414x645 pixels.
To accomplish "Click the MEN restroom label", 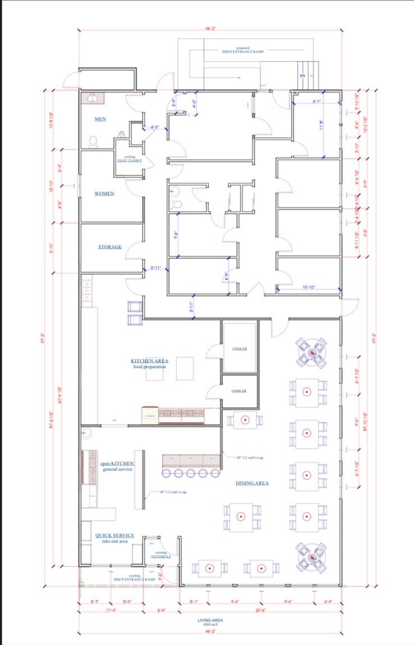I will tap(100, 119).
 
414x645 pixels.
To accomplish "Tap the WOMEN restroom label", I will tap(104, 193).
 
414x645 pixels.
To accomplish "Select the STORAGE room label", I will tap(110, 247).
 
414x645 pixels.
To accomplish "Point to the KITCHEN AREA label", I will tap(149, 361).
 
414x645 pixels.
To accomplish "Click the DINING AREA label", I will tap(252, 483).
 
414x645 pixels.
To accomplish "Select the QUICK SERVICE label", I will tap(115, 535).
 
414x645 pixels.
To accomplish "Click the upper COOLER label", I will tap(240, 349).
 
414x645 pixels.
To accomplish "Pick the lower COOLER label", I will tap(239, 391).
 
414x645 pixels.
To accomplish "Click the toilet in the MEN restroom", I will tap(93, 142).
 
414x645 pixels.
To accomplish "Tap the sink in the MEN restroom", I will tap(93, 98).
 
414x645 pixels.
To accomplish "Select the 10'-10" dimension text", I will tap(309, 287).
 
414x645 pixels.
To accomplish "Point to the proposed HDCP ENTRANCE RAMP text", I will tap(243, 50).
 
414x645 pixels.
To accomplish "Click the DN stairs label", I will tap(303, 76).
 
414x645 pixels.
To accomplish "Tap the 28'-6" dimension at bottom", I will tap(260, 610).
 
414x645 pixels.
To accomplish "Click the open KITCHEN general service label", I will tap(117, 466).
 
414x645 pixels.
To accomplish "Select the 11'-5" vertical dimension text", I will tap(321, 125).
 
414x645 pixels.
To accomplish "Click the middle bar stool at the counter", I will tap(191, 473).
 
